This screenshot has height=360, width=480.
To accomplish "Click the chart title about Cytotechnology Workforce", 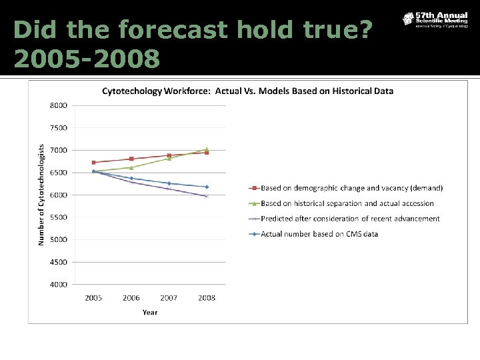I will click(247, 91).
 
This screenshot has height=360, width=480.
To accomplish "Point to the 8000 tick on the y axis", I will click(58, 105).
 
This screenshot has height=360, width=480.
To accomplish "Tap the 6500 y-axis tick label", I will click(58, 173).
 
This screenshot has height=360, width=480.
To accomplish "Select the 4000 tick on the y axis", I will click(58, 285).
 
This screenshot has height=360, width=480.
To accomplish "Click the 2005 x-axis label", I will click(93, 298).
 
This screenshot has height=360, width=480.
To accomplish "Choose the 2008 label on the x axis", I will click(207, 298).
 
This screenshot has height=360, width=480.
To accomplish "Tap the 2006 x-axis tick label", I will click(131, 298).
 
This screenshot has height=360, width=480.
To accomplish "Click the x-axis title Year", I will click(150, 312).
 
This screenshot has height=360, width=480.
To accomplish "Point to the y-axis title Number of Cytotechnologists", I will click(41, 195).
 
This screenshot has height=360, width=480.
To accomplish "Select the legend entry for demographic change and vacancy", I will click(351, 188).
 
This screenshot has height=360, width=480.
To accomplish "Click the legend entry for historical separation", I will click(347, 203).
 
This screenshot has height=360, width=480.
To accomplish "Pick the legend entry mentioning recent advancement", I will click(350, 219).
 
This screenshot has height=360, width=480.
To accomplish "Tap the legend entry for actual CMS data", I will click(328, 233).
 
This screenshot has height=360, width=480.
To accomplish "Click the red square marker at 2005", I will click(93, 163).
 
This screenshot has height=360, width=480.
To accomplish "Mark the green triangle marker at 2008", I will click(207, 149).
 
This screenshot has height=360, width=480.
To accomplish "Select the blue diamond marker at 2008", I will click(207, 187).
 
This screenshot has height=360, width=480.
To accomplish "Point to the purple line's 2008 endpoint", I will click(207, 196).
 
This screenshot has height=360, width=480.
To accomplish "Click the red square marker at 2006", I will click(131, 159).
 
